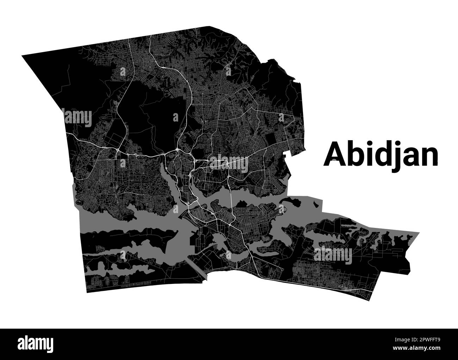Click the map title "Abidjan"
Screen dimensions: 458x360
[x=381, y=155]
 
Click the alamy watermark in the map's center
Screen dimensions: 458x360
[x=229, y=162]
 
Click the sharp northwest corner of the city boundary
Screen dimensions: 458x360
[x=22, y=56]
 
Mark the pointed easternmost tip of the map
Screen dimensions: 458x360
[x=419, y=233]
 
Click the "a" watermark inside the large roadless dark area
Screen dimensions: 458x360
[x=175, y=117]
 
